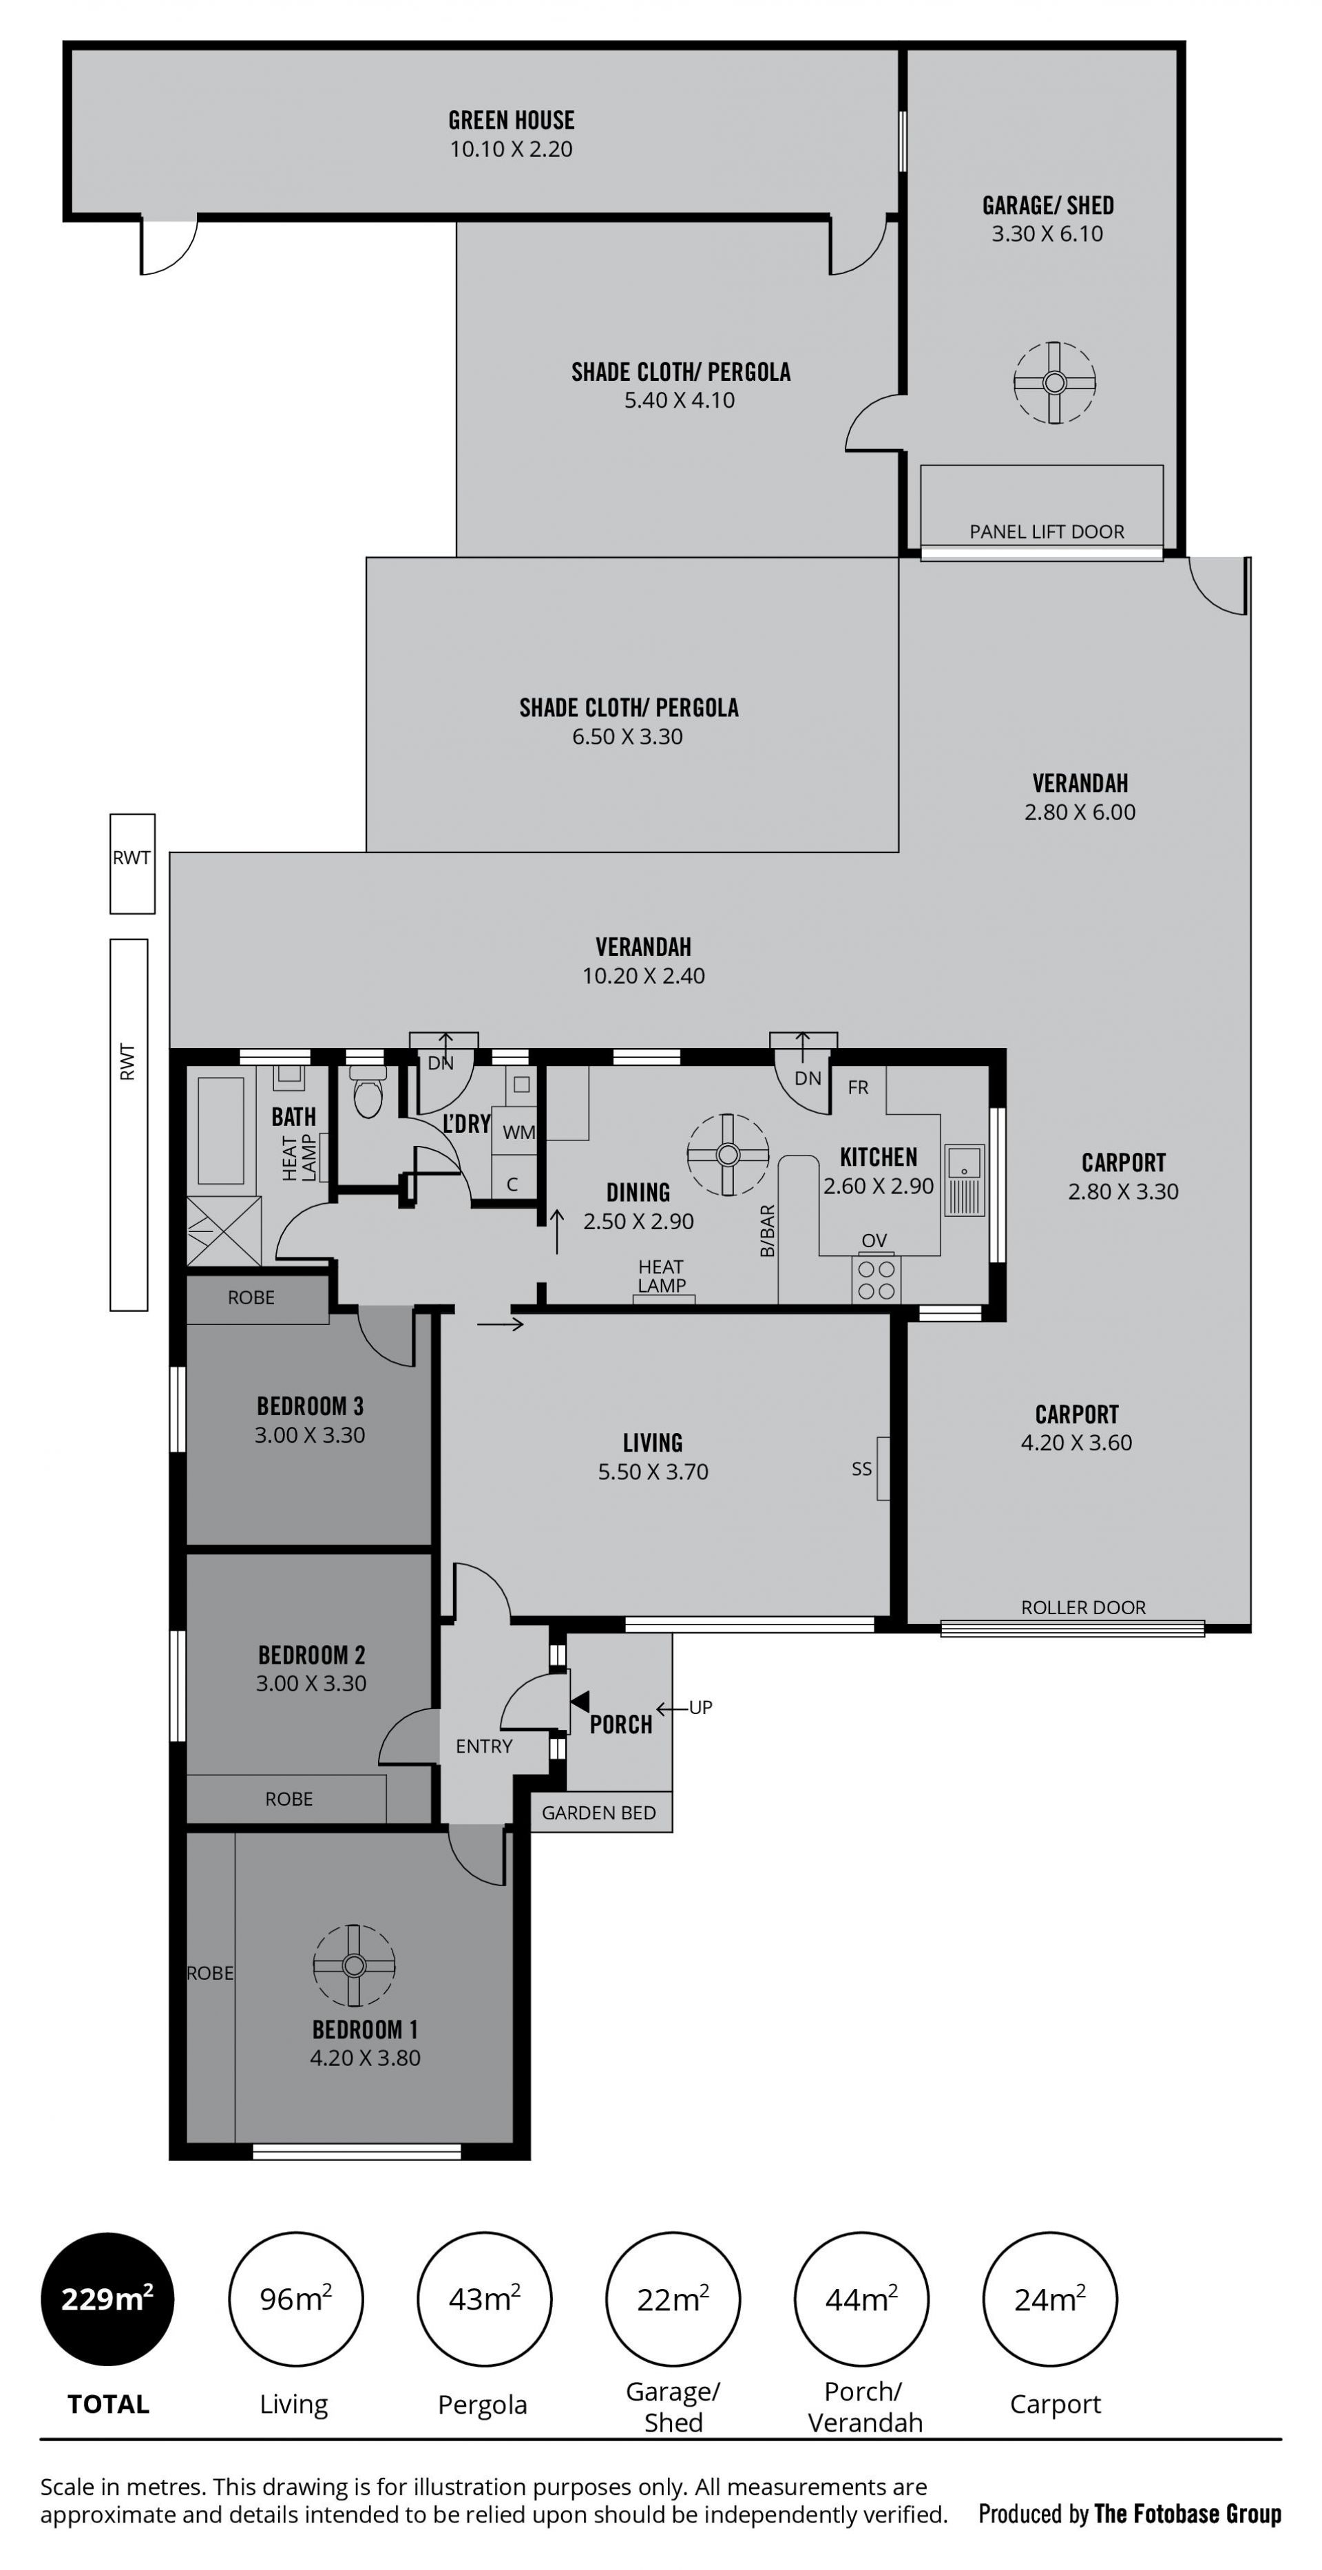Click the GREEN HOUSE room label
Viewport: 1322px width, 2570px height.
(511, 120)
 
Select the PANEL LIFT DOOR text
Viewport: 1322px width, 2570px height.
(1047, 532)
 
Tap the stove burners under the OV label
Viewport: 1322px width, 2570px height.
(876, 1280)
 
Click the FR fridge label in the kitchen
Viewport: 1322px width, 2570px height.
(858, 1087)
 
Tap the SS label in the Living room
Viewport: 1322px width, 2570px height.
(862, 1469)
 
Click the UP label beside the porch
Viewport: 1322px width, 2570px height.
(702, 1707)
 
